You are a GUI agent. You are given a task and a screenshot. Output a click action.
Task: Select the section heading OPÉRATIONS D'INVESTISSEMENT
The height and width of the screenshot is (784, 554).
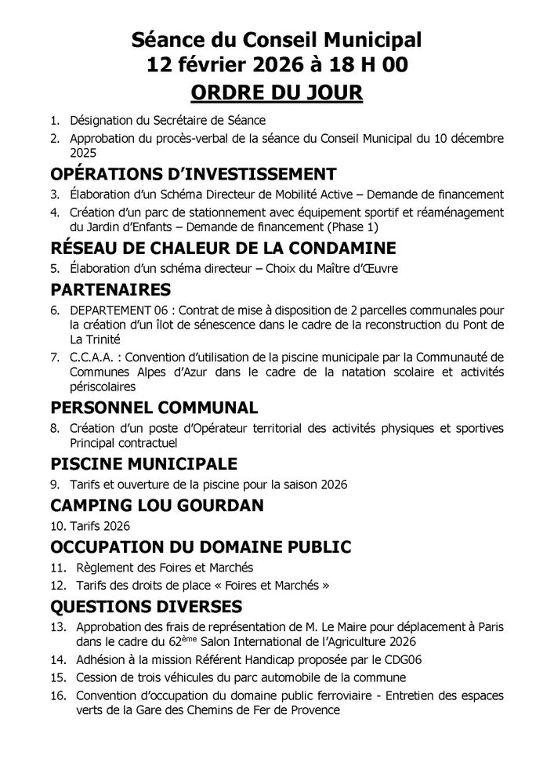tap(194, 173)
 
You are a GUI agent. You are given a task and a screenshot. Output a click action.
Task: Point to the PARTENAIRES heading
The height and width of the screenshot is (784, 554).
tap(110, 290)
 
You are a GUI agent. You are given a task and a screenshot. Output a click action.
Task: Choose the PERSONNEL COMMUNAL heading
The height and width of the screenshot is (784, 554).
tap(154, 408)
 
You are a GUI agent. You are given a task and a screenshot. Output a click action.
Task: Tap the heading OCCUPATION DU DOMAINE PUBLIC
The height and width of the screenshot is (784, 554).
tap(200, 546)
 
